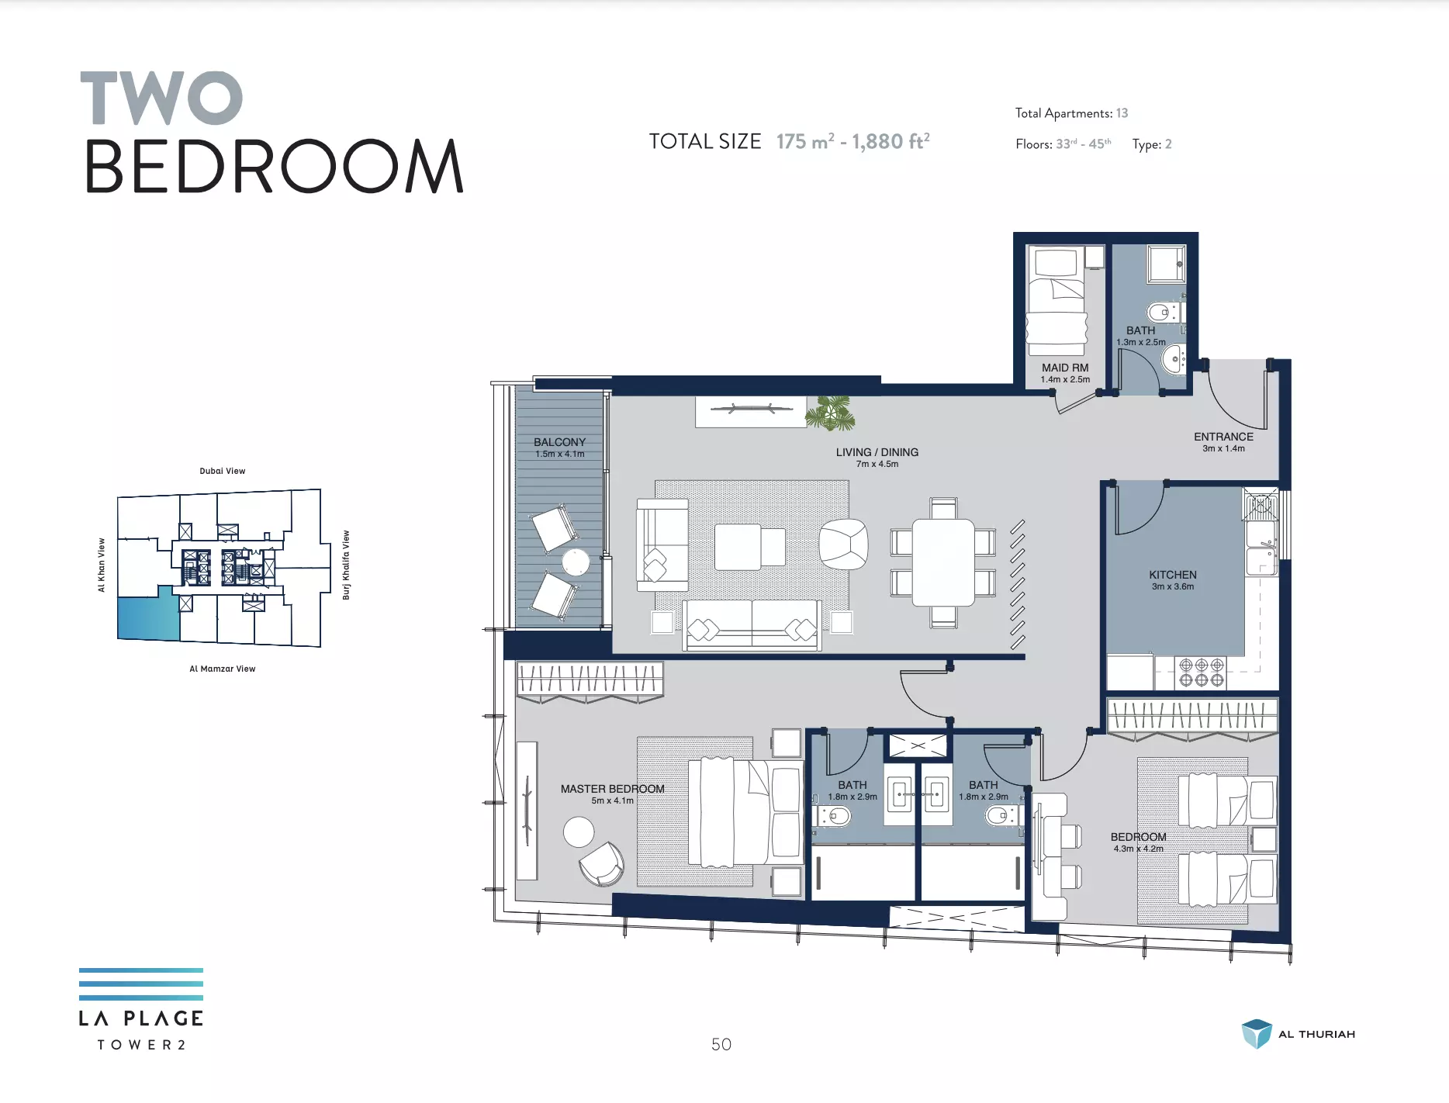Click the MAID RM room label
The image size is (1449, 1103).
1065,368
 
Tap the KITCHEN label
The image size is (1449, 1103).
1173,575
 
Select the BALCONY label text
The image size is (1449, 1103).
559,442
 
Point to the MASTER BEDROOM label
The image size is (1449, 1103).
613,789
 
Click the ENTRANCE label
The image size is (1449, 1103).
1223,437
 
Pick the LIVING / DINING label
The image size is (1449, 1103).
877,452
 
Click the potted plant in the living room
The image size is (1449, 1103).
831,413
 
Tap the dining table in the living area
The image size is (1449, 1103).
943,562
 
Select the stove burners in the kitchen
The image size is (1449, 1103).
1202,673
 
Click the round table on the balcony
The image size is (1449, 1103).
576,562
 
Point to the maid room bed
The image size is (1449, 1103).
1056,302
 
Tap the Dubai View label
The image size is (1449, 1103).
223,471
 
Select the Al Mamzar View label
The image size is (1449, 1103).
223,669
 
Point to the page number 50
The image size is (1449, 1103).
721,1044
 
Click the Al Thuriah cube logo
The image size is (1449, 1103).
1257,1034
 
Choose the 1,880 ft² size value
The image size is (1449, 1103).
890,141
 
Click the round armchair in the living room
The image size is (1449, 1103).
843,544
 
